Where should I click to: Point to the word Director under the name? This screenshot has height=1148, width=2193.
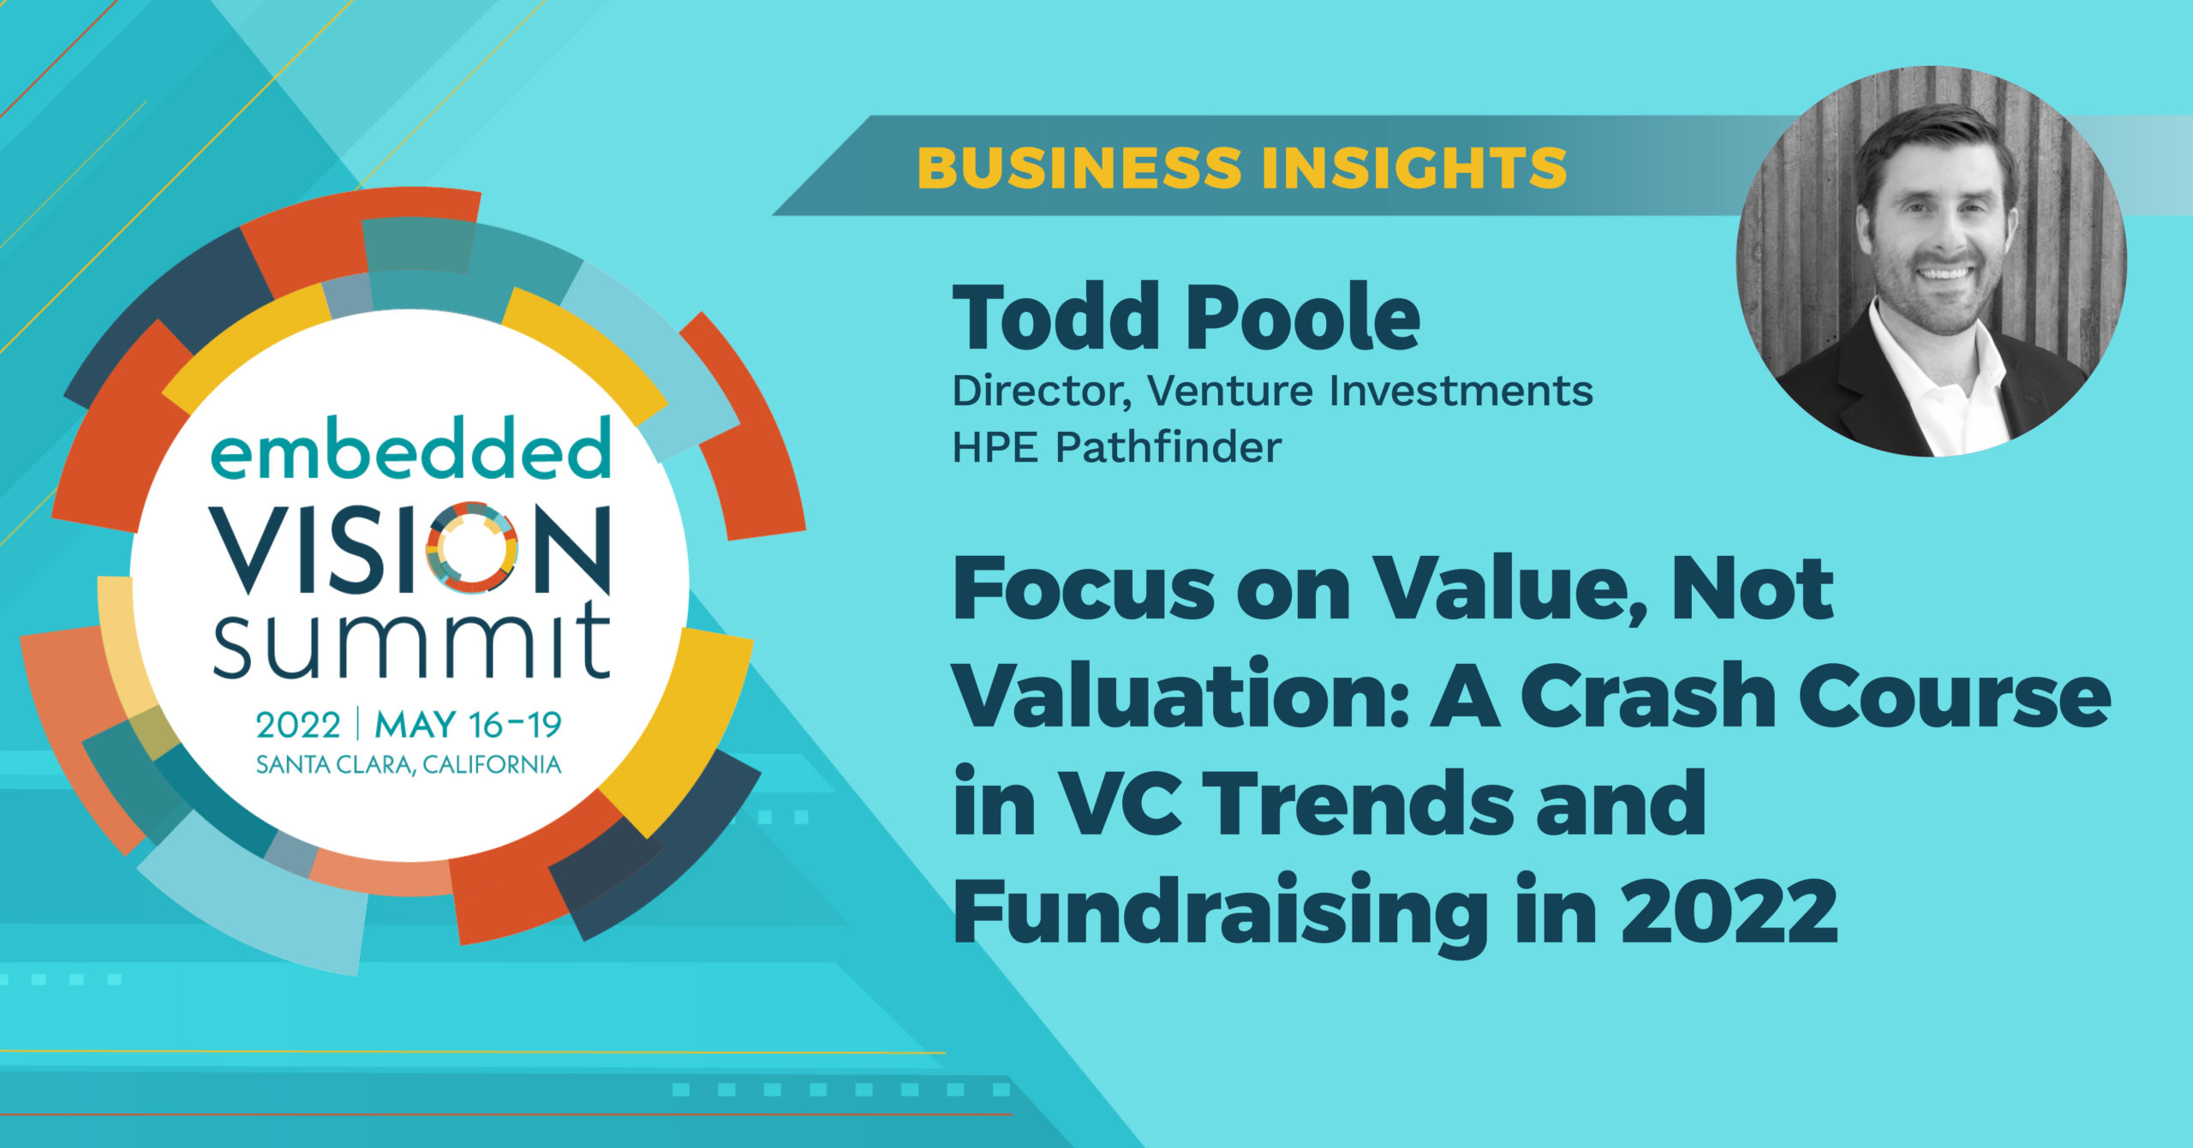click(1040, 392)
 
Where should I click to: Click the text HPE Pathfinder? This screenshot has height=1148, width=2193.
click(1117, 447)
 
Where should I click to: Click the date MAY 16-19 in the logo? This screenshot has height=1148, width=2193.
click(468, 725)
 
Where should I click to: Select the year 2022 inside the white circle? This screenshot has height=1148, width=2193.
click(298, 726)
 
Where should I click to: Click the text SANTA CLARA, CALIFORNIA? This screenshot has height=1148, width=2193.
click(409, 765)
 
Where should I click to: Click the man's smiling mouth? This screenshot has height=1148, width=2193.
click(1944, 273)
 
